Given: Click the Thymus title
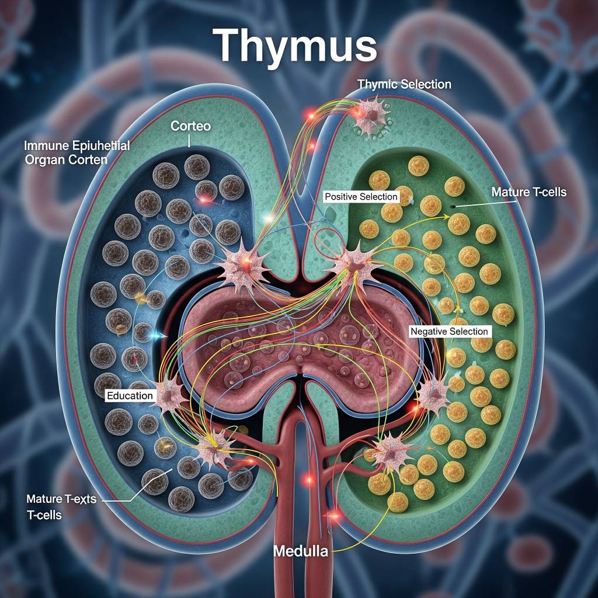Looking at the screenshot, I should [294, 45].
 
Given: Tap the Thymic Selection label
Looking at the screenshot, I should [404, 84].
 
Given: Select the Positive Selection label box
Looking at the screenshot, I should [361, 197].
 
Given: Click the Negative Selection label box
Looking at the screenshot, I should [449, 331].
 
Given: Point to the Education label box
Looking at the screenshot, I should [130, 395].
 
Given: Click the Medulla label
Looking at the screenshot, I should [301, 551].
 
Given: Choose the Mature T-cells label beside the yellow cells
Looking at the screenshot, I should [529, 192].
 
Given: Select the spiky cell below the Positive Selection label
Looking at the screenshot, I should [352, 264].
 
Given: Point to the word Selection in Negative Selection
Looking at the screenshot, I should [467, 331].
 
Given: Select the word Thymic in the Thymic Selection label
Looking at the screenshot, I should [377, 84].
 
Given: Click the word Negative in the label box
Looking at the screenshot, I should [429, 331].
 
